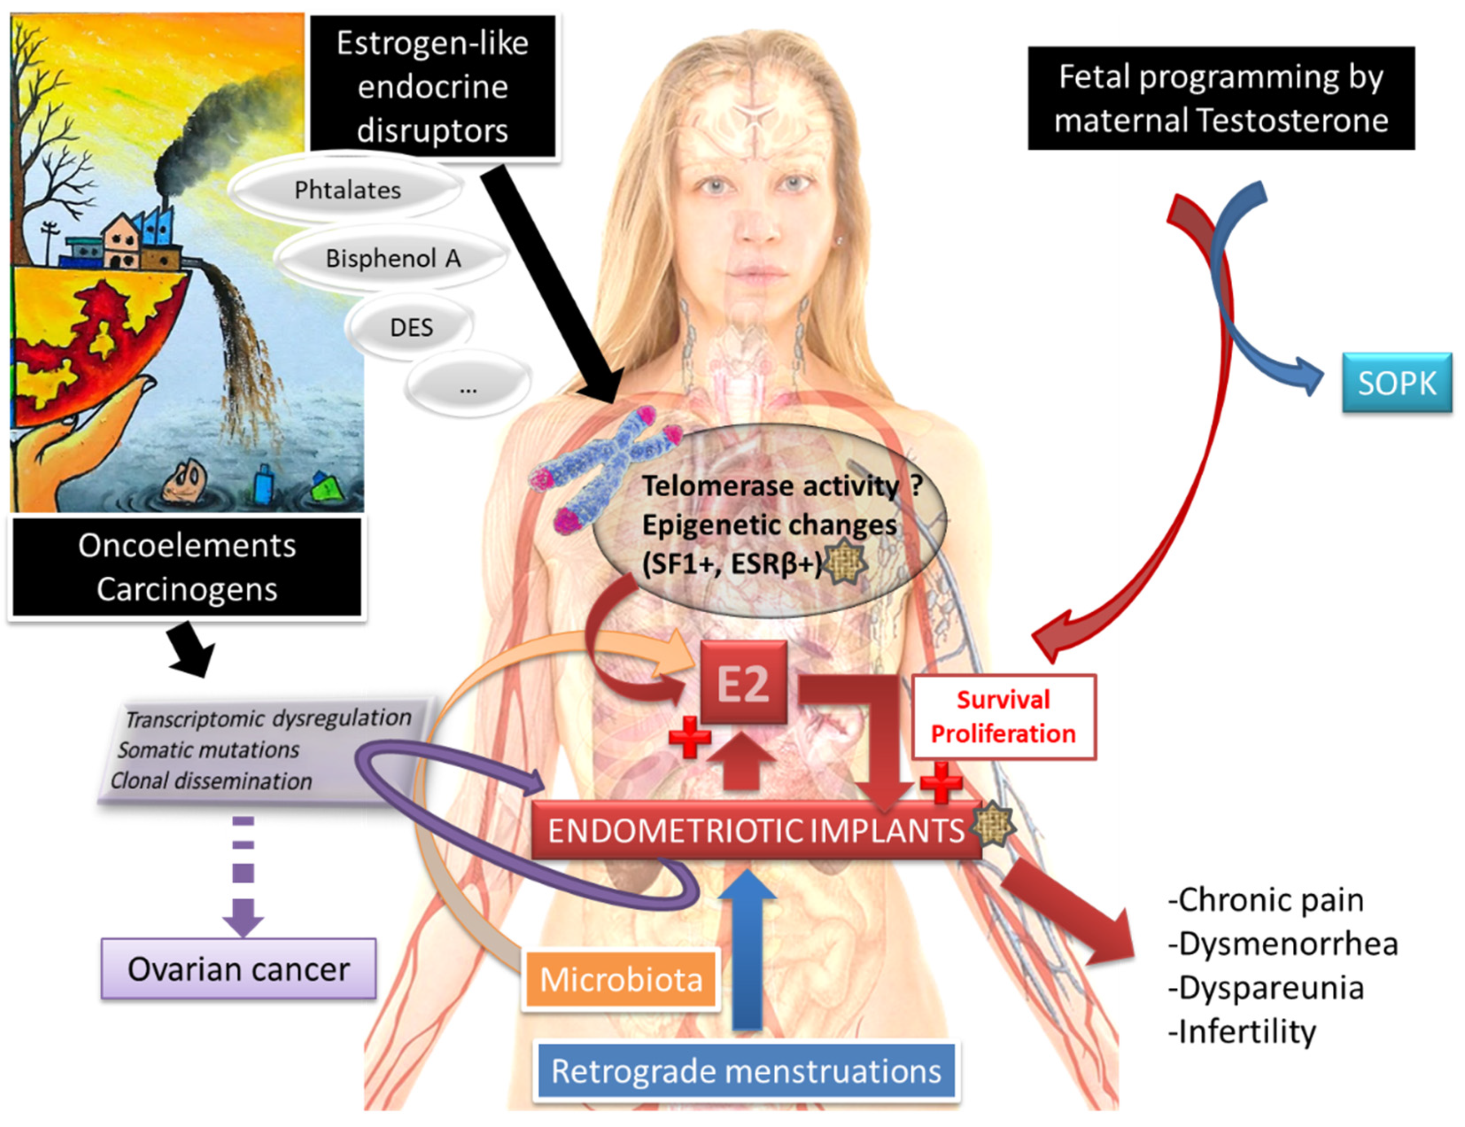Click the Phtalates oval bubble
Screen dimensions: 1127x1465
coord(347,190)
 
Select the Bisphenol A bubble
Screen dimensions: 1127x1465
coord(393,258)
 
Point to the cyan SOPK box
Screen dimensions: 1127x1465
coord(1397,383)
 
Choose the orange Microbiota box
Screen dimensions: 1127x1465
coord(621,979)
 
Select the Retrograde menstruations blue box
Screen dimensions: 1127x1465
coord(746,1071)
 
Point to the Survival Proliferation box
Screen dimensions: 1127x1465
coord(1003,717)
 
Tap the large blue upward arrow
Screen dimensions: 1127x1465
coord(747,946)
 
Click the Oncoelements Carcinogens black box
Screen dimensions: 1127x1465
coord(187,567)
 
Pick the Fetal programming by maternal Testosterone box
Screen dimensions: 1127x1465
coord(1221,98)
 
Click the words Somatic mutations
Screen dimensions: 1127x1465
coord(209,750)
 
